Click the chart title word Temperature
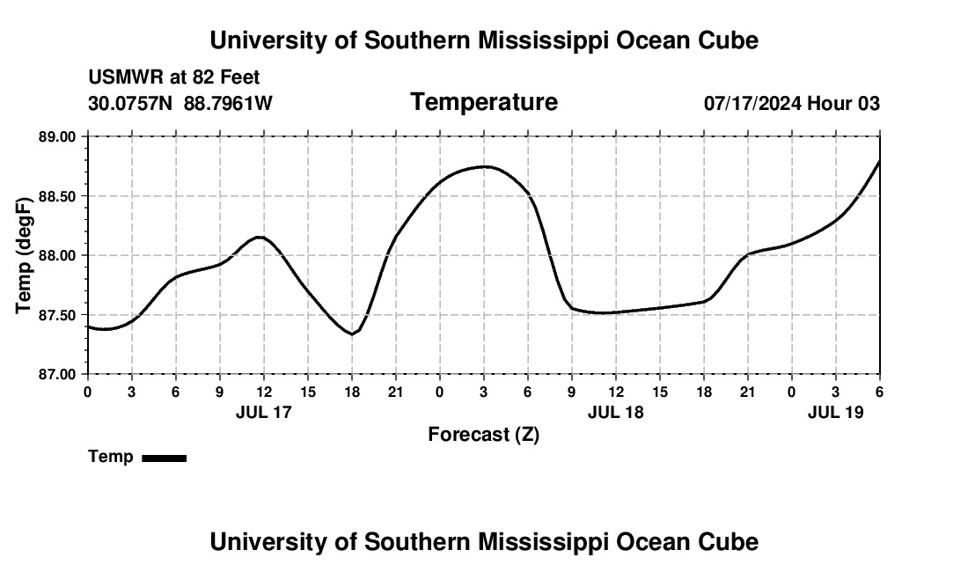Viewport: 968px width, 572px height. pyautogui.click(x=484, y=102)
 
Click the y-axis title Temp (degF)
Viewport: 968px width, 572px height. pyautogui.click(x=24, y=255)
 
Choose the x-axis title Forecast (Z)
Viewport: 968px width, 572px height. pyautogui.click(x=483, y=434)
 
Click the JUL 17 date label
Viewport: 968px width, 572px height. pyautogui.click(x=264, y=411)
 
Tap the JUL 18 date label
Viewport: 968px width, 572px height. pyautogui.click(x=616, y=411)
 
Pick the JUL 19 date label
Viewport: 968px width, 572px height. pyautogui.click(x=836, y=411)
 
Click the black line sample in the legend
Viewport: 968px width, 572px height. pyautogui.click(x=164, y=458)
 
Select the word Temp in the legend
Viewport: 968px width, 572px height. pyautogui.click(x=111, y=457)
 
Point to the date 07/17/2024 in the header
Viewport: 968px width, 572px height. pyautogui.click(x=752, y=103)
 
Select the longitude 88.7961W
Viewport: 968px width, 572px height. pyautogui.click(x=228, y=103)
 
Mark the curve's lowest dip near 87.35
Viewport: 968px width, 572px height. pyautogui.click(x=352, y=334)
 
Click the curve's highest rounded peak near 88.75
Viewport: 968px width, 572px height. pyautogui.click(x=484, y=166)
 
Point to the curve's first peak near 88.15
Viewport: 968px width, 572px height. pyautogui.click(x=260, y=237)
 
